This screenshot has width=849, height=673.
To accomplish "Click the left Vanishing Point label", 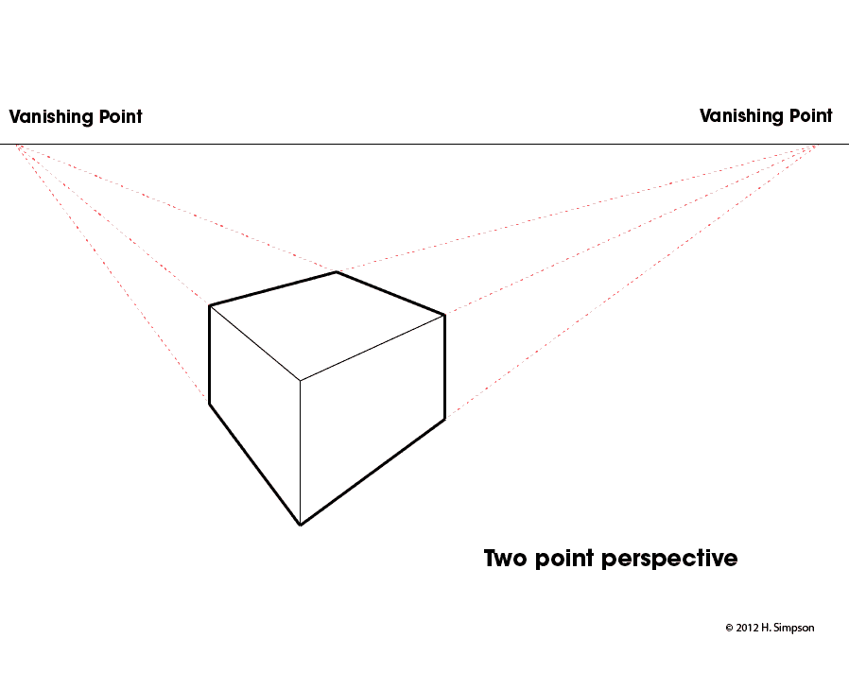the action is [76, 116].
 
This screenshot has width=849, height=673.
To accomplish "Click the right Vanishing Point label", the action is [766, 115].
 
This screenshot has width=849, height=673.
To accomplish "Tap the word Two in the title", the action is [505, 558].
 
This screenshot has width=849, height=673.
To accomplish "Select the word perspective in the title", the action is [669, 560].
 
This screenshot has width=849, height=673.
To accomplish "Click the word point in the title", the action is [564, 560].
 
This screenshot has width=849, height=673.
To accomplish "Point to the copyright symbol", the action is [729, 628].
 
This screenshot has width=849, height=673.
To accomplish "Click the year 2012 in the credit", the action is [747, 628].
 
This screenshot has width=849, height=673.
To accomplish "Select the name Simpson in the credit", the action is [794, 629].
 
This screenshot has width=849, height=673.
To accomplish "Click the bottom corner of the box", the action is [301, 525].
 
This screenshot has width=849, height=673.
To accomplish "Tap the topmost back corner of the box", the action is [337, 272].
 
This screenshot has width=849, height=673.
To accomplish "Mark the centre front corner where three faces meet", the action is [301, 381].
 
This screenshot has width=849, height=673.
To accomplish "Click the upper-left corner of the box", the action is [210, 306].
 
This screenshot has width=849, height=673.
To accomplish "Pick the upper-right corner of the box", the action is [444, 315].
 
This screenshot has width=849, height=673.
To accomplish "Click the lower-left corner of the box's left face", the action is [210, 404].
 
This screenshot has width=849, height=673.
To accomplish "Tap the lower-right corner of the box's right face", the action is [444, 419].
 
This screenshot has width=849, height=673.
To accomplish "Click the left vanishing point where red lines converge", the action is [17, 146].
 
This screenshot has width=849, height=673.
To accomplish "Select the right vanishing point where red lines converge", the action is [814, 146].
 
